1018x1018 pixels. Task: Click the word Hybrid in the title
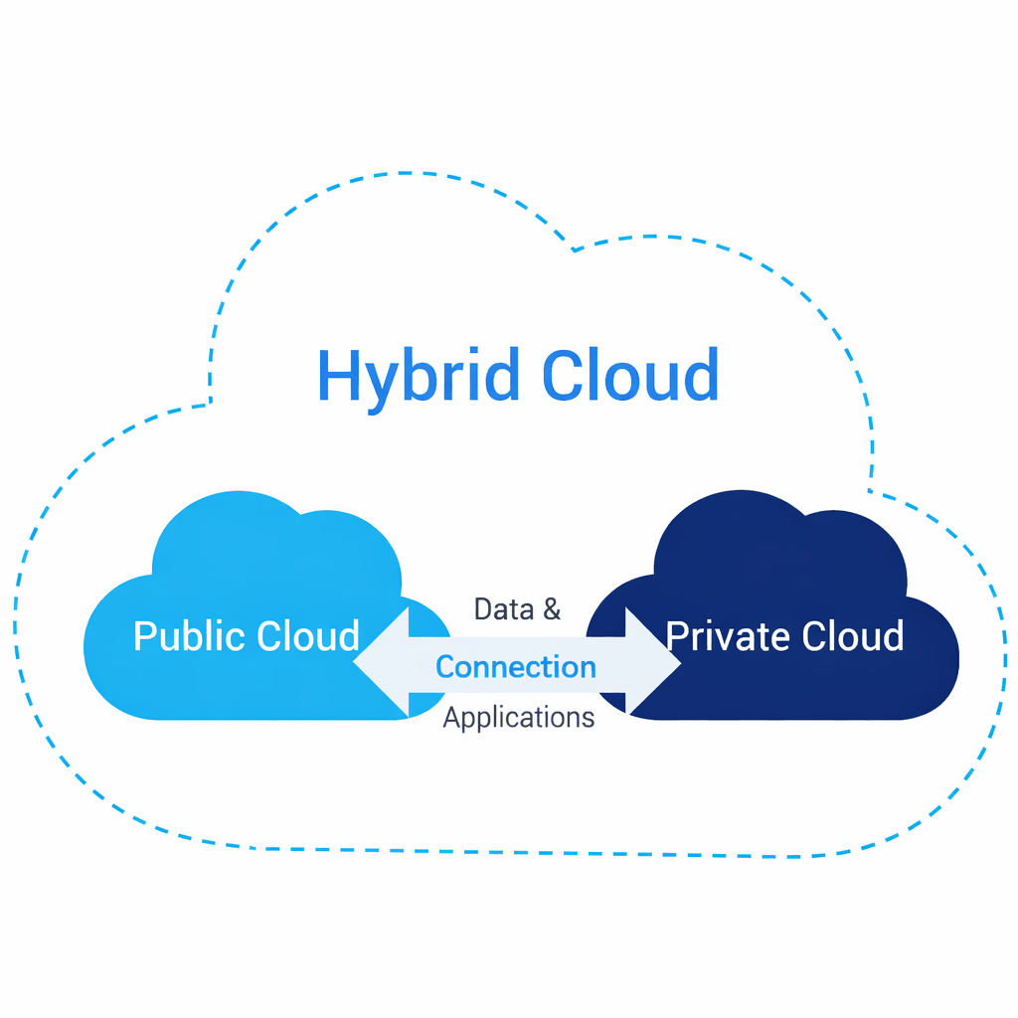(x=418, y=376)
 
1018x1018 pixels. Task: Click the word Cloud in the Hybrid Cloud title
(x=630, y=376)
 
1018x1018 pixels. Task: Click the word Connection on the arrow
(x=516, y=667)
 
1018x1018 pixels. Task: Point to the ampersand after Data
(x=551, y=609)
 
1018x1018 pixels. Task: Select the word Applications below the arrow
(x=518, y=717)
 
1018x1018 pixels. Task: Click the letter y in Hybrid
(x=382, y=384)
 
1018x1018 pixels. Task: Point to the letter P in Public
(x=144, y=636)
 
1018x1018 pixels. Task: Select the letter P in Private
(x=676, y=636)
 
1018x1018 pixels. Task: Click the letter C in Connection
(x=445, y=667)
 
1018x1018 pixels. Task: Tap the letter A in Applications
(x=451, y=717)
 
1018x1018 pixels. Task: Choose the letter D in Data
(x=483, y=609)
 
